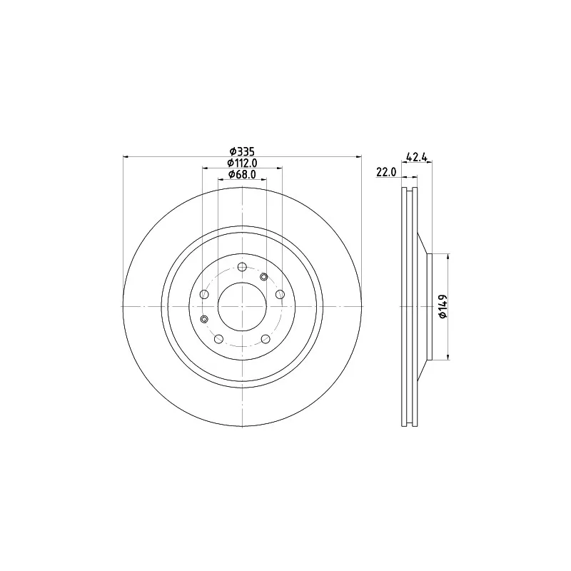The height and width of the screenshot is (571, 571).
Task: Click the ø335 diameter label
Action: click(242, 151)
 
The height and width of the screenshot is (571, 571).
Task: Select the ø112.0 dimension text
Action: click(242, 163)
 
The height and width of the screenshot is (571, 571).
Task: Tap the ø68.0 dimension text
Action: click(242, 174)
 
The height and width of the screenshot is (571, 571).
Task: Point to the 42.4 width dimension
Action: click(416, 157)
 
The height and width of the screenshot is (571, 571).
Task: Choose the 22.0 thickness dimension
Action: click(385, 172)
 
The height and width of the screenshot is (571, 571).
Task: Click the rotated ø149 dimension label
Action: click(443, 306)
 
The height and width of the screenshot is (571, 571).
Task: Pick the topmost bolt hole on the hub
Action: click(242, 268)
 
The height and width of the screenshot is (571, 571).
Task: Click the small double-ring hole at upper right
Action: click(264, 276)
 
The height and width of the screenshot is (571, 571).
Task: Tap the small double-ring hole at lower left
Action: click(205, 318)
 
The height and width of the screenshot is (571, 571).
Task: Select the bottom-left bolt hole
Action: click(219, 338)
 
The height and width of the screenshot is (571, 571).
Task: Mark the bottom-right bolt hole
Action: click(265, 338)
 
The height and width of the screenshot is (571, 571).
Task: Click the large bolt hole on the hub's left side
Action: click(205, 295)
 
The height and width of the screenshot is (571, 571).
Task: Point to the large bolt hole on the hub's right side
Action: click(279, 294)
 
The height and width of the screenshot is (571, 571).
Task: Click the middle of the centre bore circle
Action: click(242, 306)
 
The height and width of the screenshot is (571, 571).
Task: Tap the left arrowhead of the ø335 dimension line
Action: click(126, 156)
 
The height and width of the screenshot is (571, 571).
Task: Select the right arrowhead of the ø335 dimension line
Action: click(359, 156)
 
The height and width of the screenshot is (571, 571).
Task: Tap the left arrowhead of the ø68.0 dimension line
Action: click(221, 180)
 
